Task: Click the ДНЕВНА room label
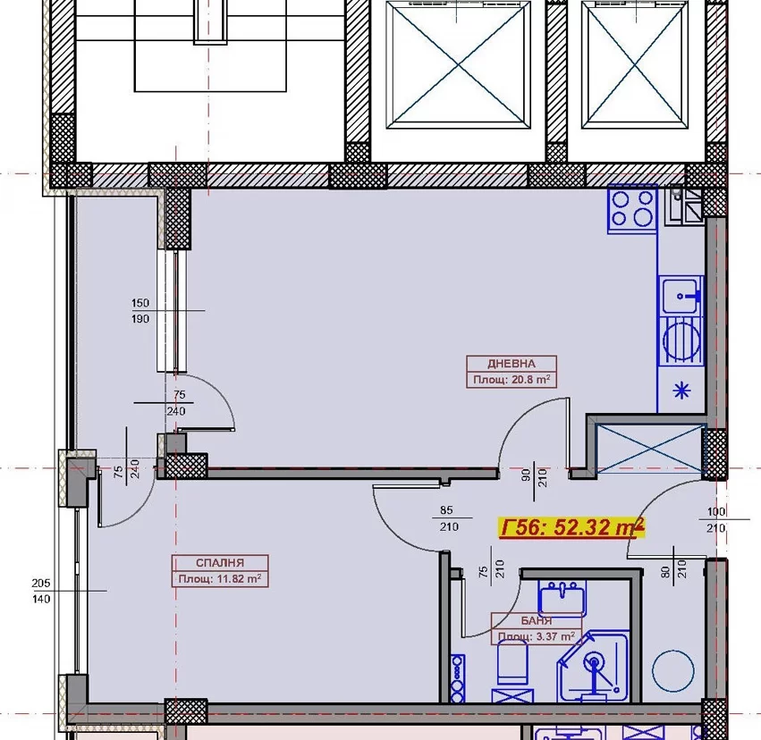[x=511, y=364]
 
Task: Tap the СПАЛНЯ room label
[x=220, y=563]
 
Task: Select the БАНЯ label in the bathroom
[x=537, y=621]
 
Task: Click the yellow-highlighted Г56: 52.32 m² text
[x=571, y=527]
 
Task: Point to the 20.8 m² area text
[x=531, y=379]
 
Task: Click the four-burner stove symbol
[x=632, y=209]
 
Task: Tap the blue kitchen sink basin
[x=681, y=295]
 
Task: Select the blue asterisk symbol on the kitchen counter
[x=681, y=391]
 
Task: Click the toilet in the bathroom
[x=512, y=662]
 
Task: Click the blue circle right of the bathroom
[x=672, y=670]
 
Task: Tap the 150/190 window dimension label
[x=140, y=311]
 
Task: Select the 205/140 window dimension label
[x=41, y=591]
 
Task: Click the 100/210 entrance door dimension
[x=716, y=520]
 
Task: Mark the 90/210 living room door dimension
[x=535, y=477]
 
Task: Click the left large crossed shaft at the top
[x=458, y=64]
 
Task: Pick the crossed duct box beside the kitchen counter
[x=650, y=449]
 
